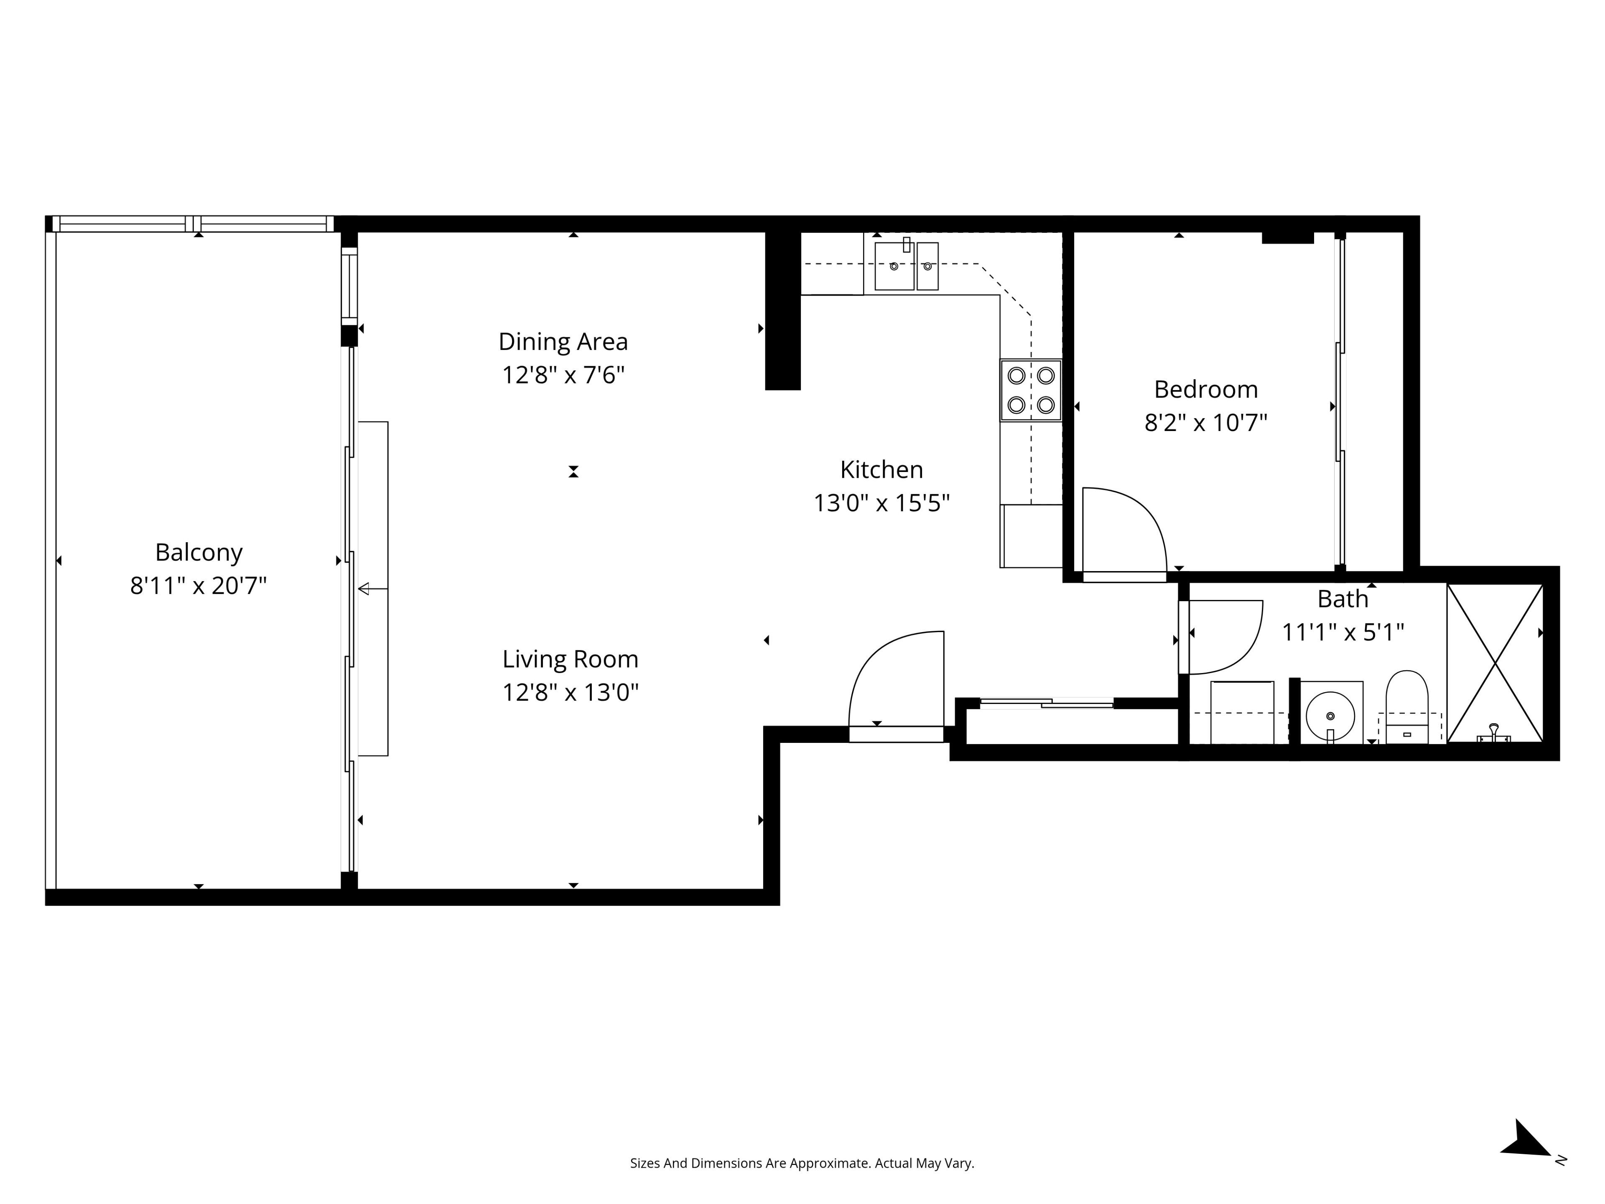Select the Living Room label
(x=570, y=659)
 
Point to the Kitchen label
(x=881, y=469)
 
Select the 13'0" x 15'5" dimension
(x=881, y=502)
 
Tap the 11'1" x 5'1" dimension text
(x=1343, y=632)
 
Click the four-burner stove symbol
(x=1031, y=390)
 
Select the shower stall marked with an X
(x=1495, y=663)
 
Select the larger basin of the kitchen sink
(x=894, y=266)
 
